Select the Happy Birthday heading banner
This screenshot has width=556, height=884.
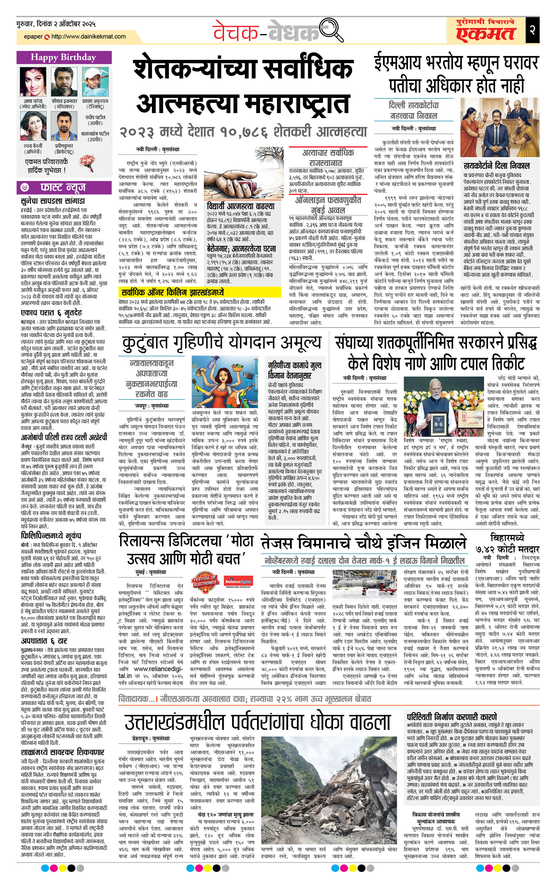tap(63, 57)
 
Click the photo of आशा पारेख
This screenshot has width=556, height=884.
tap(33, 82)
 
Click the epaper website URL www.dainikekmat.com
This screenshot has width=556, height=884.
tap(88, 37)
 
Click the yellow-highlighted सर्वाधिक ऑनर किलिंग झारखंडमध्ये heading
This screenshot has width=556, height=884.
tap(173, 292)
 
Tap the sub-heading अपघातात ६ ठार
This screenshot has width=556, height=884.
tap(44, 641)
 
